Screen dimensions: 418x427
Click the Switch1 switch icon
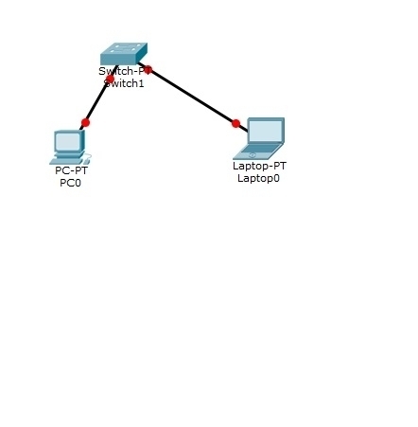click(124, 54)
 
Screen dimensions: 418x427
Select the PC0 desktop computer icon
click(70, 147)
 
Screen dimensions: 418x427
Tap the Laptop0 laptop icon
click(259, 138)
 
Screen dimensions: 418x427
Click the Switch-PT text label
click(125, 71)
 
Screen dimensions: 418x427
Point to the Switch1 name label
click(124, 83)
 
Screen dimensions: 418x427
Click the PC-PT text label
click(71, 170)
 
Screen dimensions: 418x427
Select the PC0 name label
click(70, 183)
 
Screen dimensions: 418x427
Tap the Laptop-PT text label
click(259, 166)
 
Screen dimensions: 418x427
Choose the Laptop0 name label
click(258, 178)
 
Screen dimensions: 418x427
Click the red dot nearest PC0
click(85, 122)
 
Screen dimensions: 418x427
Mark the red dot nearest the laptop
click(235, 123)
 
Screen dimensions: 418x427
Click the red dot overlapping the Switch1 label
click(110, 79)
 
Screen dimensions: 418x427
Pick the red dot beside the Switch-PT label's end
click(148, 70)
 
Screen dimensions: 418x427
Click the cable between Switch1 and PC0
click(98, 98)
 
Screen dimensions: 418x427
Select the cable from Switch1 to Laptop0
click(193, 97)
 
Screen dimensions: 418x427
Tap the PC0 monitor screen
click(68, 142)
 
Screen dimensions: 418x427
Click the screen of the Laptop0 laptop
click(265, 131)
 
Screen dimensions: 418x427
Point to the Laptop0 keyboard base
click(258, 151)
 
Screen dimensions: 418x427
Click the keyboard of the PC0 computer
click(69, 161)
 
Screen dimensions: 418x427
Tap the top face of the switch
click(124, 48)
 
